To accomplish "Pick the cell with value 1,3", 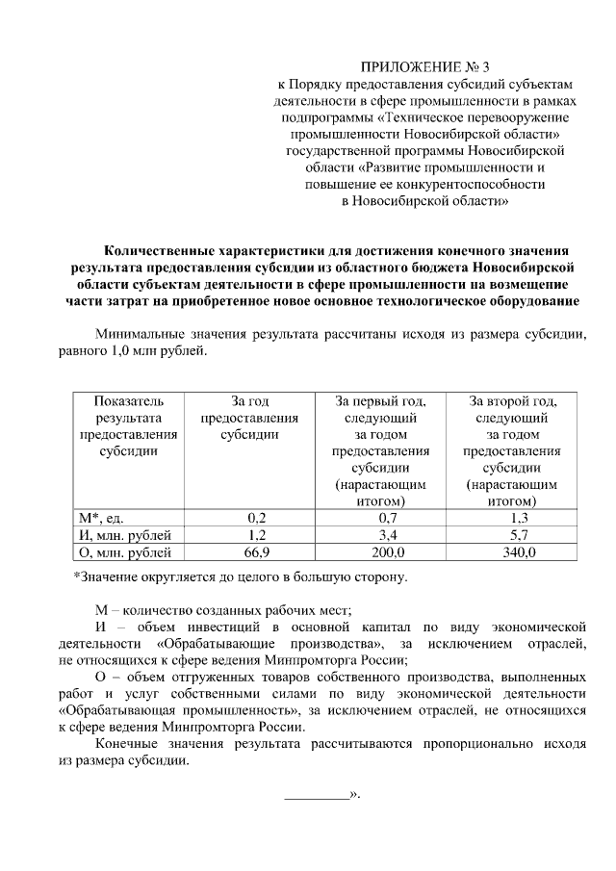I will [x=512, y=517].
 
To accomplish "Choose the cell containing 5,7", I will [x=512, y=534].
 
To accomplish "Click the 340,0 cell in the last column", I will [x=512, y=552].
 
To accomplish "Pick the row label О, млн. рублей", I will [x=124, y=552].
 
